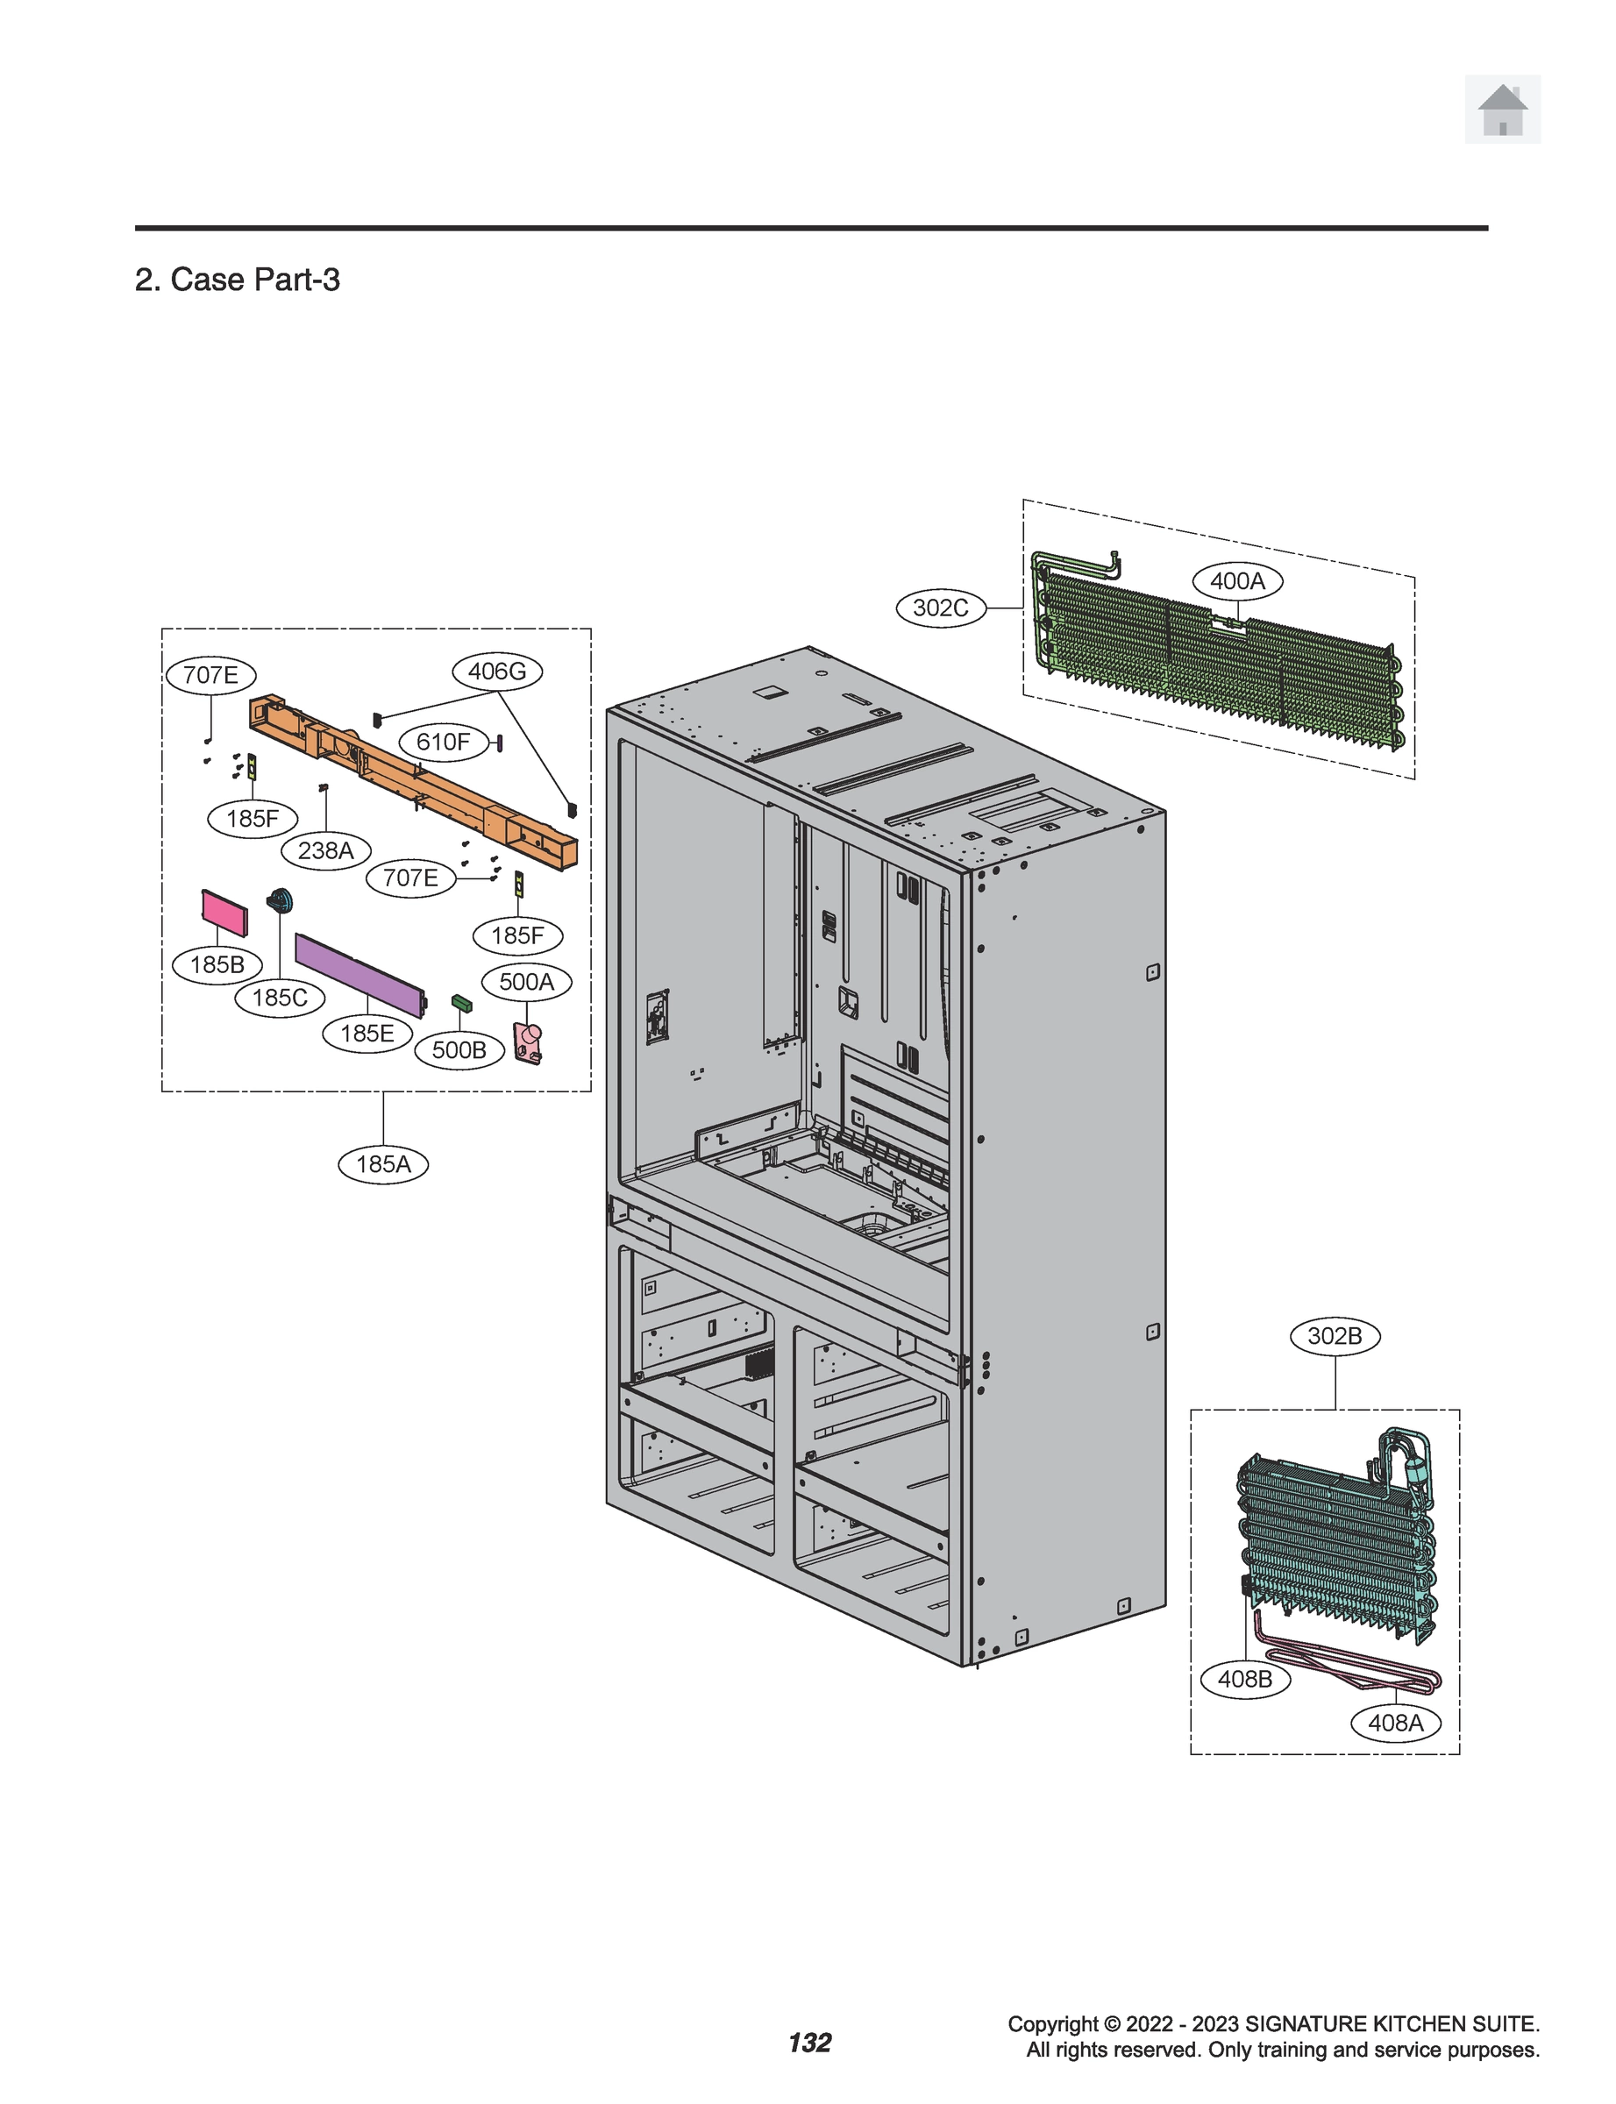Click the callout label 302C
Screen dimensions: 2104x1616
(x=940, y=608)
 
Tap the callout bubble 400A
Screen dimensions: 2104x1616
(x=1237, y=581)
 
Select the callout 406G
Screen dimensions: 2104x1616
(x=496, y=672)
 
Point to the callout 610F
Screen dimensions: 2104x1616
(x=443, y=742)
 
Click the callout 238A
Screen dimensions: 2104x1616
(x=325, y=850)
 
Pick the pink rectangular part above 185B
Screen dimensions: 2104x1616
(x=224, y=913)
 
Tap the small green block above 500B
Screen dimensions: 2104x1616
(x=462, y=1004)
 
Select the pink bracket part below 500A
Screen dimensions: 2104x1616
(x=528, y=1042)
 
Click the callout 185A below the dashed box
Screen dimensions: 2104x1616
(x=383, y=1164)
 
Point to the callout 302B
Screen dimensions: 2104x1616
(x=1335, y=1336)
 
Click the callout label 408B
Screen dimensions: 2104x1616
(x=1245, y=1679)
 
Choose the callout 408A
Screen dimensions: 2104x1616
(x=1395, y=1723)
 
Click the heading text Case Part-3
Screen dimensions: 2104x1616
(x=254, y=280)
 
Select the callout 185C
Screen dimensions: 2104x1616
(x=280, y=997)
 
